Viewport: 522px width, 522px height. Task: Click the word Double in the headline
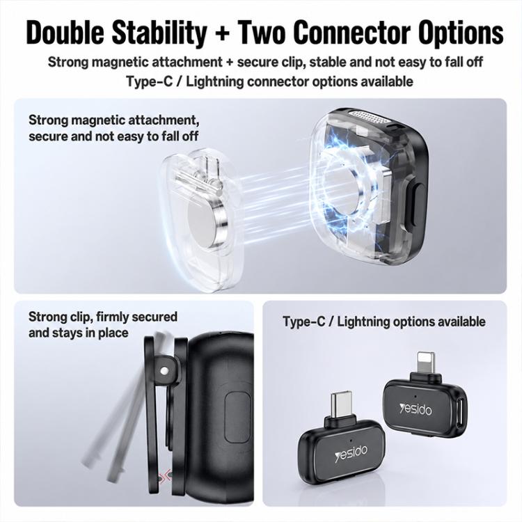(65, 33)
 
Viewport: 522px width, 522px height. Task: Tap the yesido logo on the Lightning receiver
(416, 409)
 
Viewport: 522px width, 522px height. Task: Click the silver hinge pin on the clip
(164, 371)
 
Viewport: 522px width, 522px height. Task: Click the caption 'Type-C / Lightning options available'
(383, 322)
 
